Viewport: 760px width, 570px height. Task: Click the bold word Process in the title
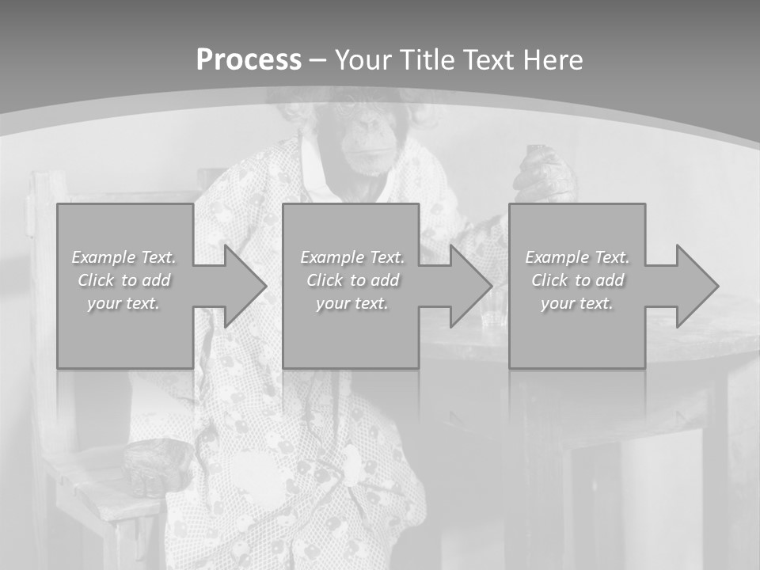pos(249,60)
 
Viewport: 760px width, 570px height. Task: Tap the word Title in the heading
pos(429,60)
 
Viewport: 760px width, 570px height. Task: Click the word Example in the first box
pos(103,257)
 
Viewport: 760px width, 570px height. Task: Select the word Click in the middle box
pos(323,280)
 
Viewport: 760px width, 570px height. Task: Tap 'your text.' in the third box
pos(576,303)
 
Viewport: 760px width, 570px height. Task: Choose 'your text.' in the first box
pos(123,303)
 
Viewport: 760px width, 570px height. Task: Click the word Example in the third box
pos(557,257)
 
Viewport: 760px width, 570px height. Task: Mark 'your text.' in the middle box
pos(351,303)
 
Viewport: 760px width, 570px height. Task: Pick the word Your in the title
pos(363,60)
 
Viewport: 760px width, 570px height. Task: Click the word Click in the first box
pos(95,280)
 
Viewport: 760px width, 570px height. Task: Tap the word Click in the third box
pos(549,280)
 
